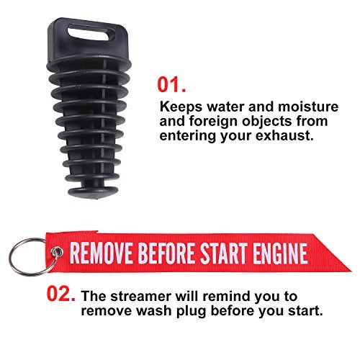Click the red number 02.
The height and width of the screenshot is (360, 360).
pyautogui.click(x=63, y=294)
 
